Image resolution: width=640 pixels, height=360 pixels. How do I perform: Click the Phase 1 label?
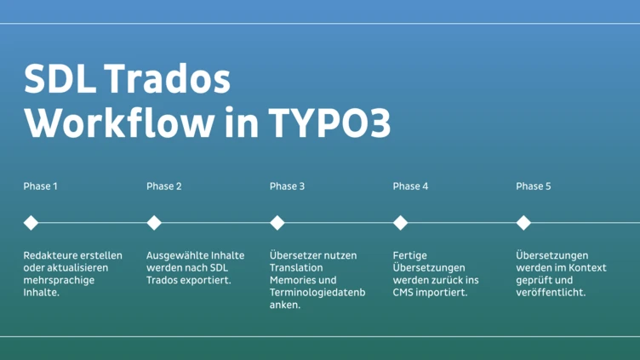click(x=40, y=186)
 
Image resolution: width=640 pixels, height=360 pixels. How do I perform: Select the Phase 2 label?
click(x=163, y=186)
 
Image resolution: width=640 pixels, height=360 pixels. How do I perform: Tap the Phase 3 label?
click(x=287, y=186)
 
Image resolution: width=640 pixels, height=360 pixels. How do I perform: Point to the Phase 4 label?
click(x=410, y=186)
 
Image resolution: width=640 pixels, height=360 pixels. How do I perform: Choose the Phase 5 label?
click(x=534, y=186)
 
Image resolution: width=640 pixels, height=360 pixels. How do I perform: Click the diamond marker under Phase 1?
click(x=31, y=223)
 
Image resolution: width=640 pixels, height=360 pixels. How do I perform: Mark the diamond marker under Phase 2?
click(x=154, y=223)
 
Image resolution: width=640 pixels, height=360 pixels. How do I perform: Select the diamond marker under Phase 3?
click(x=277, y=223)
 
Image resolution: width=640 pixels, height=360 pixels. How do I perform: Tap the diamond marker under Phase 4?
click(x=401, y=223)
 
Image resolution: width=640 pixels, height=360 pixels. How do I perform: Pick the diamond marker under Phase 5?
click(x=524, y=223)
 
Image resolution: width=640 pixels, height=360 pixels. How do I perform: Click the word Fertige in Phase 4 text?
click(x=410, y=255)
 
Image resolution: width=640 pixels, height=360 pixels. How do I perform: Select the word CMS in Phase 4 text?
click(x=405, y=293)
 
